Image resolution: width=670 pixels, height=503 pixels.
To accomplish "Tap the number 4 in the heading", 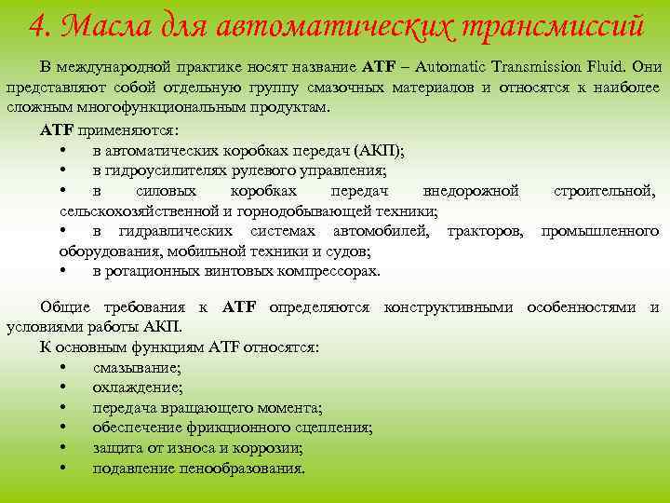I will [x=38, y=25].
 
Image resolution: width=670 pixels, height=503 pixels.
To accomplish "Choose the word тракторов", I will [x=485, y=231].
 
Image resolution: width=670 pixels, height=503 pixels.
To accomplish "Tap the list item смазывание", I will [x=137, y=367].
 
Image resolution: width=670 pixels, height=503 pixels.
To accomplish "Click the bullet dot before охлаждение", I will [x=61, y=387].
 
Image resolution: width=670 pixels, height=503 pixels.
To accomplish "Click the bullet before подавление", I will [x=61, y=468].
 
